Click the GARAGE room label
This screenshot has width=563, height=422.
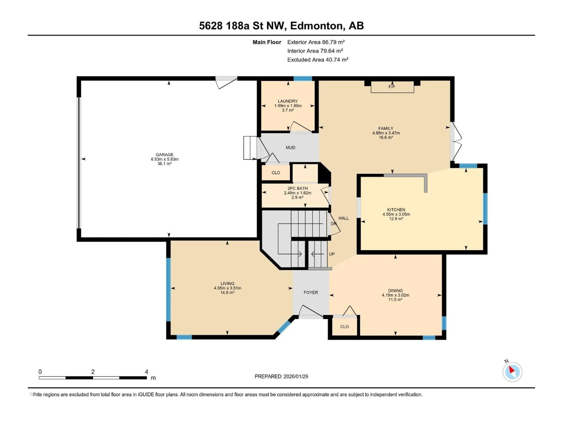(x=164, y=155)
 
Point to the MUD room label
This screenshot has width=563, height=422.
(x=290, y=148)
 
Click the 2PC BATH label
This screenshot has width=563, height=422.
(x=297, y=188)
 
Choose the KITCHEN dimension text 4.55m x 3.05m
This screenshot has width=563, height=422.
(x=396, y=214)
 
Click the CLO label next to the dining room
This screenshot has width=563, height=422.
(x=344, y=327)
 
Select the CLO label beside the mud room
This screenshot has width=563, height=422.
(x=276, y=173)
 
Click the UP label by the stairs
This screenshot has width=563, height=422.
(x=331, y=254)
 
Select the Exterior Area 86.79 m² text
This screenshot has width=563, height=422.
(x=316, y=42)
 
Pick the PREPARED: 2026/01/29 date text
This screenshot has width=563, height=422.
(x=281, y=376)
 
